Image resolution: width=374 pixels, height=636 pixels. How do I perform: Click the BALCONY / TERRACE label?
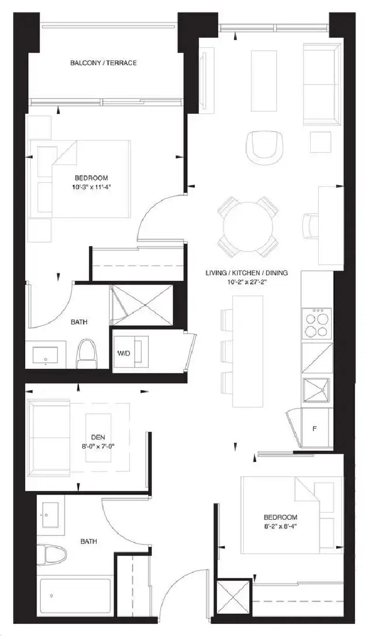click(103, 63)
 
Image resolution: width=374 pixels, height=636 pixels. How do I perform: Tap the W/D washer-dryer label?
click(124, 353)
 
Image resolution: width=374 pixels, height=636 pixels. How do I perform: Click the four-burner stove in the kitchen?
click(317, 323)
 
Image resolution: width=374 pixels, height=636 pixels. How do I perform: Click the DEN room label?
click(98, 437)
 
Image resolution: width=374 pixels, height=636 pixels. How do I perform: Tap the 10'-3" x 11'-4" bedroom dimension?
click(91, 187)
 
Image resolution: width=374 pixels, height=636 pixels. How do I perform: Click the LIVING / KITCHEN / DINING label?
click(247, 273)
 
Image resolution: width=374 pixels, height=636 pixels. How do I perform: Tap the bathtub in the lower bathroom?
click(75, 595)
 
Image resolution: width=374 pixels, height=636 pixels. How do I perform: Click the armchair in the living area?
click(264, 148)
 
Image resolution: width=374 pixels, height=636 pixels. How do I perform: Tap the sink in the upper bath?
click(45, 355)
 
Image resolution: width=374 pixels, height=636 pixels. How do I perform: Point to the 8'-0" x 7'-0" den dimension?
click(98, 446)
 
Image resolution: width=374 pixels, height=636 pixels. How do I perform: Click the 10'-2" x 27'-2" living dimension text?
click(247, 282)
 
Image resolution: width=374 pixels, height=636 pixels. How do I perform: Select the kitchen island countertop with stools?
click(248, 351)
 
